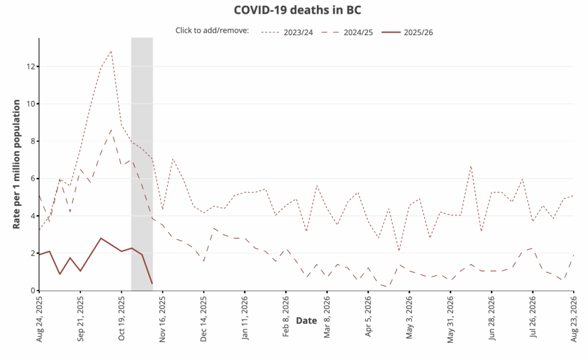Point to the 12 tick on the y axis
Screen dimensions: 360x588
pyautogui.click(x=31, y=67)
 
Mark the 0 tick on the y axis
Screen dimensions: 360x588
pyautogui.click(x=33, y=291)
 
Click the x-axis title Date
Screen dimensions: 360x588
pyautogui.click(x=306, y=321)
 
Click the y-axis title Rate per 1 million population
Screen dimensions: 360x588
pyautogui.click(x=17, y=165)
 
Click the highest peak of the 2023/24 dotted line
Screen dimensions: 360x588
pyautogui.click(x=111, y=51)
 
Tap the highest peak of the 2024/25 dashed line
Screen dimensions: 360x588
pyautogui.click(x=111, y=130)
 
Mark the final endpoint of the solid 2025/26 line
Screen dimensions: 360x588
pyautogui.click(x=152, y=284)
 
